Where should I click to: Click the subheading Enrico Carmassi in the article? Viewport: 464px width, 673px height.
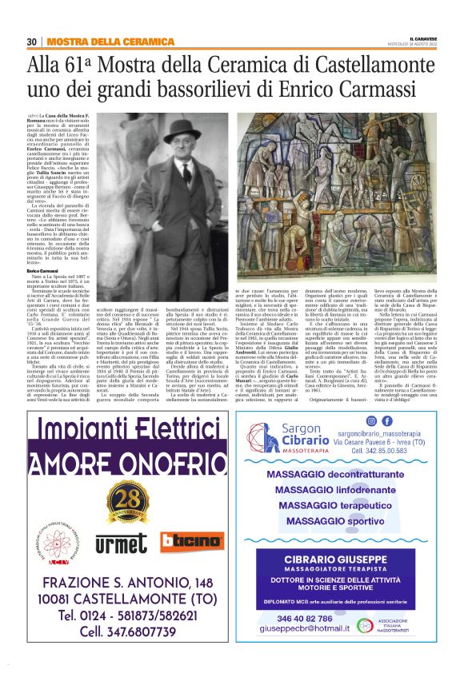[x=42, y=272]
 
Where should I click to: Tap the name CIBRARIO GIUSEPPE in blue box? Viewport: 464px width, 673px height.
[x=346, y=559]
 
